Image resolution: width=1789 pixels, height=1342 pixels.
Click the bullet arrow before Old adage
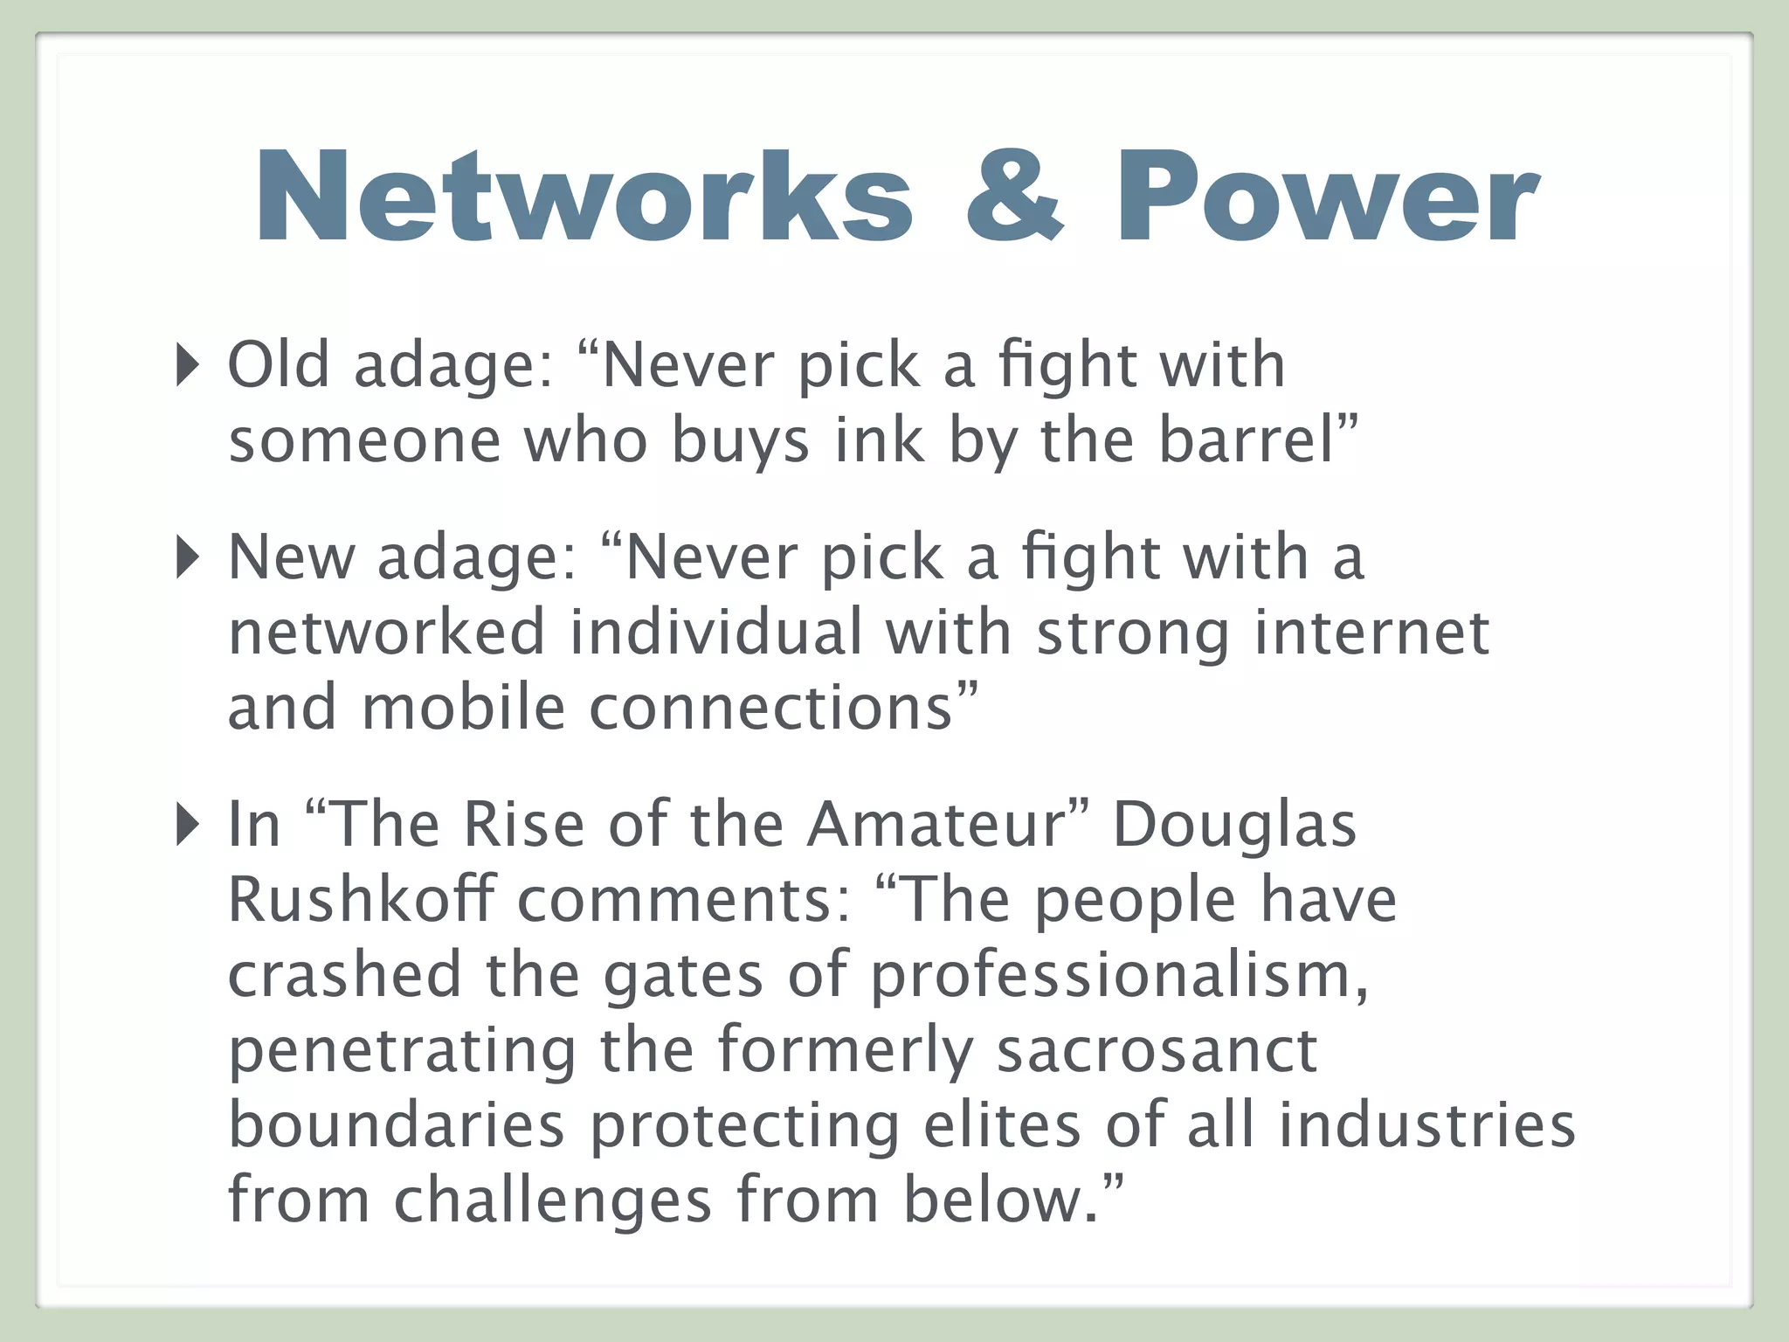pyautogui.click(x=187, y=364)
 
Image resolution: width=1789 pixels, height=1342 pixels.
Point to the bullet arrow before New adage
pyautogui.click(x=187, y=557)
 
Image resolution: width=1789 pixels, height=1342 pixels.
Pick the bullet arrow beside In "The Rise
pyautogui.click(x=187, y=825)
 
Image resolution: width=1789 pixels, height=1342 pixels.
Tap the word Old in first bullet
pyautogui.click(x=279, y=364)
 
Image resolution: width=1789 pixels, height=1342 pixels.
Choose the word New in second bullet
pyautogui.click(x=291, y=557)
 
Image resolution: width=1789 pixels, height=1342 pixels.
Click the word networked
pyautogui.click(x=387, y=633)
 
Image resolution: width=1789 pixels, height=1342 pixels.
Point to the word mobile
pyautogui.click(x=464, y=708)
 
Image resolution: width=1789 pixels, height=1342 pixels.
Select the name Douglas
pyautogui.click(x=1234, y=825)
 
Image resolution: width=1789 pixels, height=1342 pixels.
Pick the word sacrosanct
pyautogui.click(x=1157, y=1050)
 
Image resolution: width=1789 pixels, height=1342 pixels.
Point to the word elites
pyautogui.click(x=1002, y=1125)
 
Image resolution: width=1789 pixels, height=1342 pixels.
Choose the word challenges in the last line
pyautogui.click(x=552, y=1200)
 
